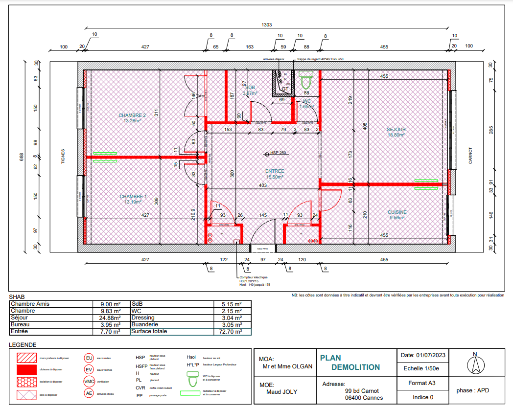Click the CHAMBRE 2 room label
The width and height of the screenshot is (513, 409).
pos(132,115)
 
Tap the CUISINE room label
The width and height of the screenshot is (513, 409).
pos(397,212)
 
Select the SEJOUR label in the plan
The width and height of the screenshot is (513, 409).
pos(396,130)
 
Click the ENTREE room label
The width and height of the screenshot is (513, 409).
pos(275,171)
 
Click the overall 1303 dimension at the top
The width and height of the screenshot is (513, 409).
pos(267,24)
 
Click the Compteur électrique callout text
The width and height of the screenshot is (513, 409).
pos(254,277)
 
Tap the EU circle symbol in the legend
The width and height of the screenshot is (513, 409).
pos(89,358)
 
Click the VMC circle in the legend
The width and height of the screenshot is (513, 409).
pos(89,381)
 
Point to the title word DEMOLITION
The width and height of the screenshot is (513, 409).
pos(355,367)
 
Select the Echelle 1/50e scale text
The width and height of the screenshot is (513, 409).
pos(421,369)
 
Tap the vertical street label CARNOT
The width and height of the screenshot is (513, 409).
pos(470,156)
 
